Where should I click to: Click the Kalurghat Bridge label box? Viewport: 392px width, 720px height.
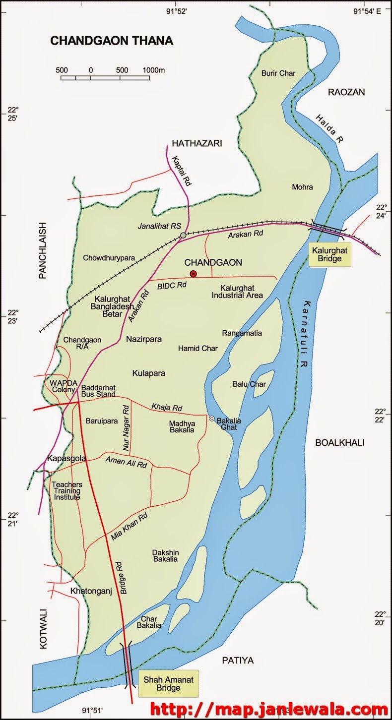pos(329,255)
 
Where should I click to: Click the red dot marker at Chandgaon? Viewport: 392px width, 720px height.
pos(194,274)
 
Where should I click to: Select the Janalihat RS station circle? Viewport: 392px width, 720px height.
pos(183,235)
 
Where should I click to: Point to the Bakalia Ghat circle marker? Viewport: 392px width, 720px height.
pos(211,419)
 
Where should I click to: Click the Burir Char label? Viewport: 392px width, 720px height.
pos(278,73)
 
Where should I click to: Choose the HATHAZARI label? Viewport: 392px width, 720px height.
pos(196,143)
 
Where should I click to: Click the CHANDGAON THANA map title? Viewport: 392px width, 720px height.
pos(112,41)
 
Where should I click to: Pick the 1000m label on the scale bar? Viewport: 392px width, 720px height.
pos(153,70)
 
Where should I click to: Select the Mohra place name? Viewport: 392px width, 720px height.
pos(303,187)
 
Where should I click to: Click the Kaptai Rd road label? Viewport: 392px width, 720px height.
pos(182,171)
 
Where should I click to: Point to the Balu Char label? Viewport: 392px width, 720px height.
pos(250,384)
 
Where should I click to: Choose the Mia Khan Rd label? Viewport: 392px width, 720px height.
pos(130,527)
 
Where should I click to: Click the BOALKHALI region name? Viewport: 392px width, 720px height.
pos(340,443)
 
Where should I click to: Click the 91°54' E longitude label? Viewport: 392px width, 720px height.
pos(367,11)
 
